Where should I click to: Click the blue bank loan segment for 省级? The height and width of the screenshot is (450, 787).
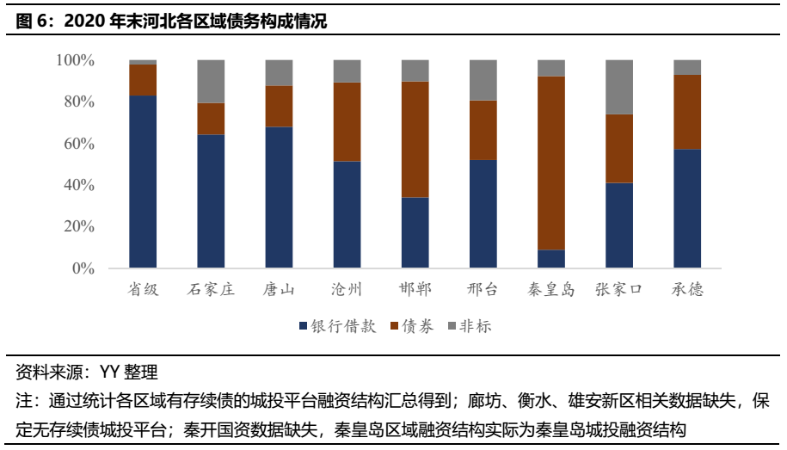tap(143, 181)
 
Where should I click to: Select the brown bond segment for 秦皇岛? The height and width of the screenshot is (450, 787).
tap(551, 163)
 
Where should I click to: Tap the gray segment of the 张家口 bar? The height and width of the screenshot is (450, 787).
tap(619, 87)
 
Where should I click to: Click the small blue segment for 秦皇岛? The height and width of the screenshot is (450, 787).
tap(551, 259)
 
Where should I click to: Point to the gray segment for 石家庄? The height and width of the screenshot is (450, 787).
tap(211, 82)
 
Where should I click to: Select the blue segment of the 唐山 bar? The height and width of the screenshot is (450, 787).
tap(279, 197)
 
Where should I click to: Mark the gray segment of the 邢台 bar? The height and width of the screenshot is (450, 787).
tap(483, 80)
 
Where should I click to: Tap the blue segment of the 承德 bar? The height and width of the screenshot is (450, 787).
tap(687, 208)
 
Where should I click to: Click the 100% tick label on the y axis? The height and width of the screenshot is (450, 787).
tap(75, 60)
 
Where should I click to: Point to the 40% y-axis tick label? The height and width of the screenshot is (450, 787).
tap(78, 185)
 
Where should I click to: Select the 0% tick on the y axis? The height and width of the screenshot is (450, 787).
tap(83, 268)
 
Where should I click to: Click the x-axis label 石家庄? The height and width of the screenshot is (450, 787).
tap(211, 289)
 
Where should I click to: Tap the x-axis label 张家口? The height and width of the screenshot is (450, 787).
tap(619, 289)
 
